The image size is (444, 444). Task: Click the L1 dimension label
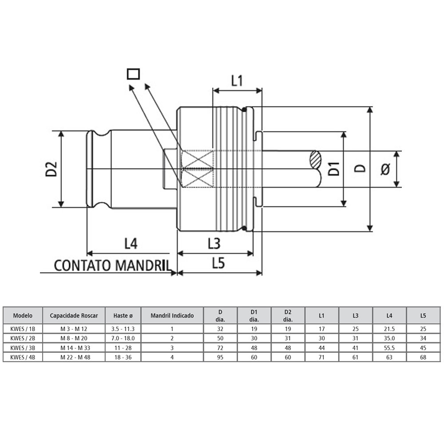[237, 81]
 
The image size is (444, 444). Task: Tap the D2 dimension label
[52, 169]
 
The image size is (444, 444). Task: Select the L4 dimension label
[131, 243]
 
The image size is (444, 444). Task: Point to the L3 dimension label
[214, 243]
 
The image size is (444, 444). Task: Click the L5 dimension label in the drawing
[218, 264]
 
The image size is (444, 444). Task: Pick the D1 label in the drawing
[334, 169]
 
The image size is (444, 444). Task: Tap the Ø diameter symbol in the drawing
[385, 169]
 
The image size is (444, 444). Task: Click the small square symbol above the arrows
[133, 74]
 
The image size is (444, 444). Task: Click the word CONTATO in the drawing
[83, 266]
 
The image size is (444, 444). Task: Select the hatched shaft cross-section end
[315, 159]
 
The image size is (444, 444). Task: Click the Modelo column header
[23, 316]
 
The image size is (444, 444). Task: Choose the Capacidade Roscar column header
[74, 316]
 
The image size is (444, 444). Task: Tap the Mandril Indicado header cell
[172, 316]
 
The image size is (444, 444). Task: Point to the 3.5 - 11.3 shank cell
[123, 329]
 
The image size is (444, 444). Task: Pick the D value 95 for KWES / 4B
[220, 357]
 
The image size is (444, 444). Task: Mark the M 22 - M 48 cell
[74, 357]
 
